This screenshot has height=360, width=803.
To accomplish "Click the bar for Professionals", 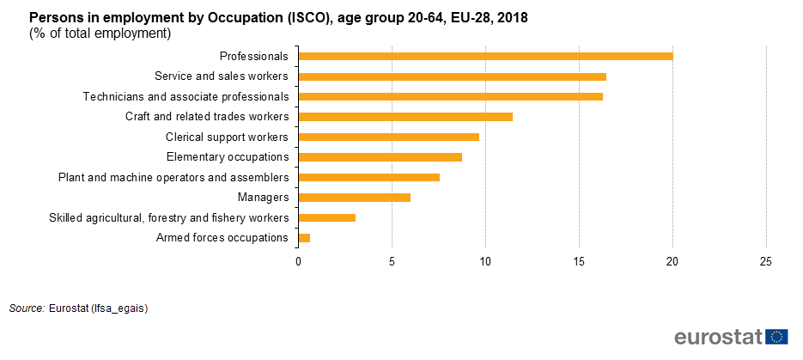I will [485, 57].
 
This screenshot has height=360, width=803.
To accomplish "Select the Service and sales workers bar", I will [452, 76].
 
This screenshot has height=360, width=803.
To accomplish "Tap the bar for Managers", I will [354, 198].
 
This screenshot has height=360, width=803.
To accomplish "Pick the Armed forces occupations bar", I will [304, 238].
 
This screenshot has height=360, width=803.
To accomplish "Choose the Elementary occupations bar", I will [380, 157].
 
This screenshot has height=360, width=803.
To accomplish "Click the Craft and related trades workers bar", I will [405, 117].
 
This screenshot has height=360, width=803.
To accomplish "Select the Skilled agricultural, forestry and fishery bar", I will [326, 218].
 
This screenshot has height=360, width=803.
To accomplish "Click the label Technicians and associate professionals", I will [186, 96].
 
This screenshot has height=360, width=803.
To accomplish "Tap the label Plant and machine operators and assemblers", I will [173, 178].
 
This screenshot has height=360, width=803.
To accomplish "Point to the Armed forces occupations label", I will [222, 238].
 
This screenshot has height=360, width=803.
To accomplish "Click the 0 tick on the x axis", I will [298, 261].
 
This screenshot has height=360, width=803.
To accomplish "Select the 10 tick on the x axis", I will [485, 261].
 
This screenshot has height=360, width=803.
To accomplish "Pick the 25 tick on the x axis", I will [766, 261].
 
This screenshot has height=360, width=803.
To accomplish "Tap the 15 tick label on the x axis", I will [579, 261].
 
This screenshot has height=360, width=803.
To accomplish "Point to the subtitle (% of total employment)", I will [100, 34].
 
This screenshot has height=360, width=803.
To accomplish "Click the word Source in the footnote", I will [26, 308].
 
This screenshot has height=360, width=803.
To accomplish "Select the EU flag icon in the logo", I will [778, 337].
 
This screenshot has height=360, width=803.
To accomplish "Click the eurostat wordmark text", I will [719, 337].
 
